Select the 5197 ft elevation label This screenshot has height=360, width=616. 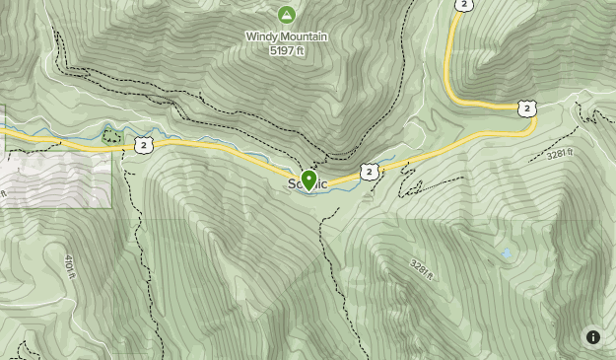(286, 50)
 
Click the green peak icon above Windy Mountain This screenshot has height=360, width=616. (286, 15)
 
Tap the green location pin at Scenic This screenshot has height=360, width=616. (309, 180)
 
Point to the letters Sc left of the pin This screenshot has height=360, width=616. (295, 184)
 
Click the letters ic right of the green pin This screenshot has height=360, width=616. (322, 184)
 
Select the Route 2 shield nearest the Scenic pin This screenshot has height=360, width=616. (369, 172)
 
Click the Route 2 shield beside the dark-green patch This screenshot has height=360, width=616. (144, 145)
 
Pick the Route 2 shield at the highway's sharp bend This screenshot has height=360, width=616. (527, 108)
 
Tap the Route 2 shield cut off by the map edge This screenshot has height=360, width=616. (463, 4)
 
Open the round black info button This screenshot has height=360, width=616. (593, 337)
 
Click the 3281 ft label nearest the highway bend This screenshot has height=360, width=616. (559, 154)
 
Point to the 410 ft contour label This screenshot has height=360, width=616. (70, 266)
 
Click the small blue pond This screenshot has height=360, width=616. (507, 254)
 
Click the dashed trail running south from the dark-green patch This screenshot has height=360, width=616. (129, 227)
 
